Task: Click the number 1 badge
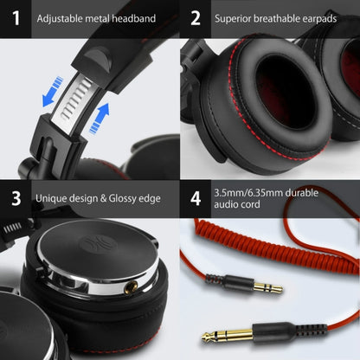pos(15,18)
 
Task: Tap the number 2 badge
pos(196,18)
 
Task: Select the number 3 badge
pos(15,197)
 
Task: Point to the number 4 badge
pos(196,197)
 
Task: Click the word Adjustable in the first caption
pos(61,18)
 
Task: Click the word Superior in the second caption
pos(235,18)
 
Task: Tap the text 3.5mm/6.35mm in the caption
pos(251,191)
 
